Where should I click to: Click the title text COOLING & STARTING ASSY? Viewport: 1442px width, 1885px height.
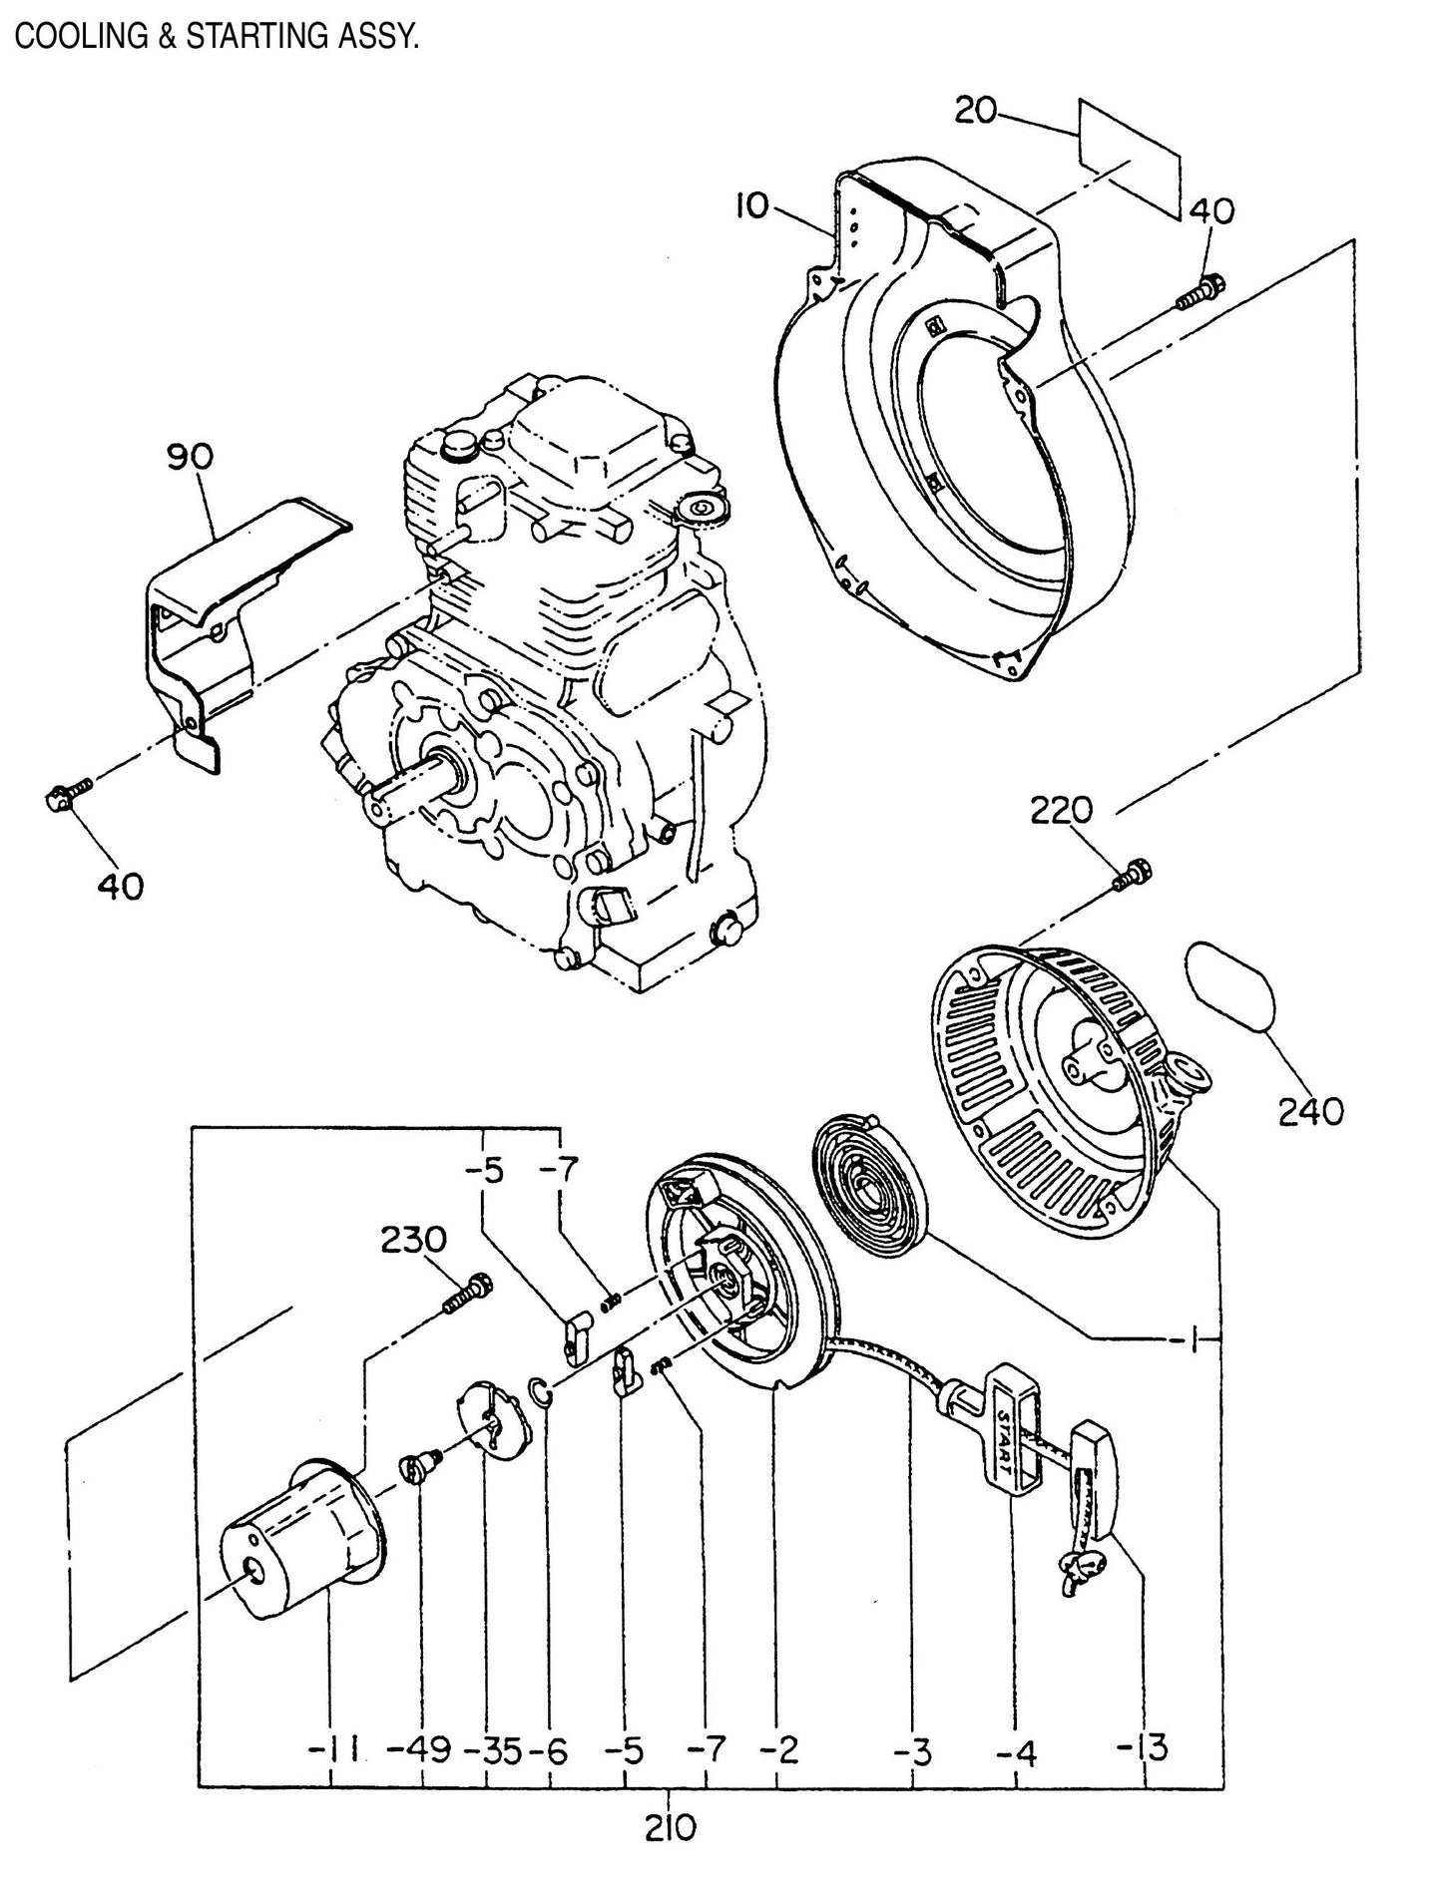[x=216, y=37]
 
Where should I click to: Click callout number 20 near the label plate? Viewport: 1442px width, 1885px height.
[x=975, y=110]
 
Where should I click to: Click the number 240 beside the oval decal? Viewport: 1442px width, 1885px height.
[x=1310, y=1109]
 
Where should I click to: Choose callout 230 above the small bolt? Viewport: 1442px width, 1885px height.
[x=413, y=1241]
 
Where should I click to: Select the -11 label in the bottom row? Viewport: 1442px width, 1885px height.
[x=336, y=1747]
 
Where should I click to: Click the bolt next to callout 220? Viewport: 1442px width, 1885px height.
[x=1133, y=874]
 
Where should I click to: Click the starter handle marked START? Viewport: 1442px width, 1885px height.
[x=1002, y=1440]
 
